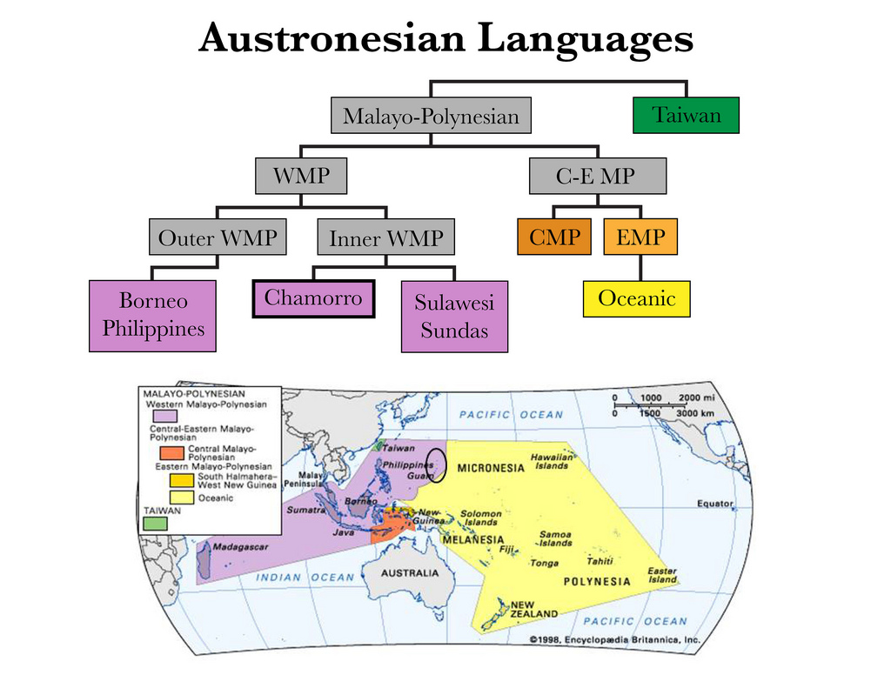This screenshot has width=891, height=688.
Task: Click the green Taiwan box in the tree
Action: tap(687, 115)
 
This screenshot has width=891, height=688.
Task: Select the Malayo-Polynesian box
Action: tap(431, 116)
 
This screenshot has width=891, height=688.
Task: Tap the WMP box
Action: tap(301, 177)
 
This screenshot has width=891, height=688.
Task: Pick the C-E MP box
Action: tap(598, 177)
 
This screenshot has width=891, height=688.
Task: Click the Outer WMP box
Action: tap(218, 237)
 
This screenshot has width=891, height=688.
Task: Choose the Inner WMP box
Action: tap(385, 237)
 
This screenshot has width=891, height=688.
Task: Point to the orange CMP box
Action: tap(554, 237)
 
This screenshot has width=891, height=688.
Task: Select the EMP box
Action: tap(640, 237)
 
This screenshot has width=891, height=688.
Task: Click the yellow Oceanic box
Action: tap(636, 298)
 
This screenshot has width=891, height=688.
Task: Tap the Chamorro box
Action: tap(313, 299)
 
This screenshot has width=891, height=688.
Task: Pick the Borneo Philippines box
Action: tap(152, 316)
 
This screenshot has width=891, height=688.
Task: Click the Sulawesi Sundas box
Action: tap(453, 317)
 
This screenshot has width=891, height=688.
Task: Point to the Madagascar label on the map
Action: tap(237, 547)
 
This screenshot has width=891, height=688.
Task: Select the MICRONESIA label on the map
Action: tap(492, 468)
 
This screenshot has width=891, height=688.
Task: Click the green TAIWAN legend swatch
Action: tap(156, 524)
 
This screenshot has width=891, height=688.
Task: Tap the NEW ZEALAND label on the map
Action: tap(533, 609)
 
